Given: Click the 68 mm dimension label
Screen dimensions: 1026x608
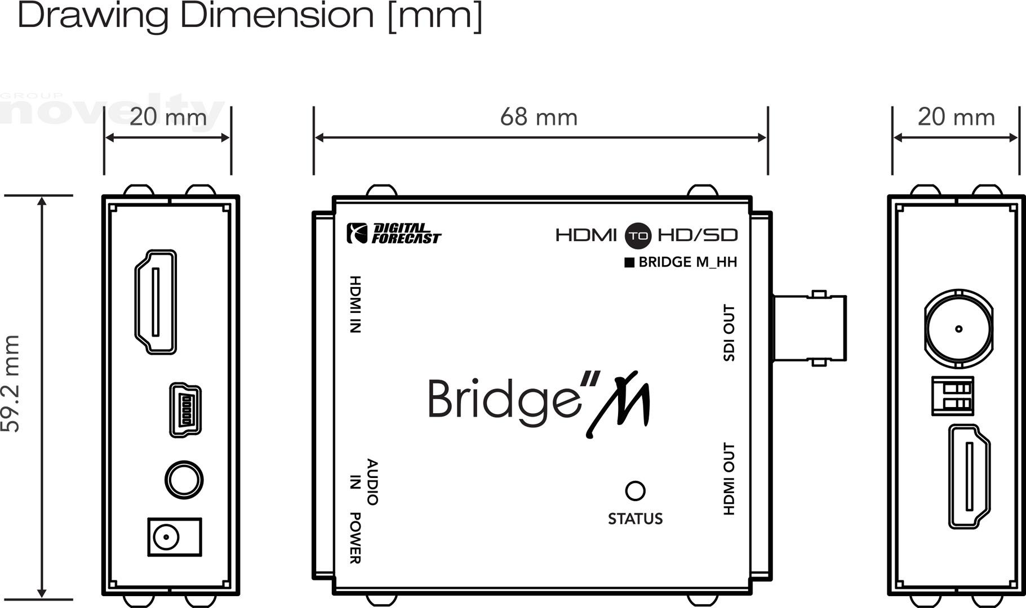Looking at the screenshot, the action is (539, 117).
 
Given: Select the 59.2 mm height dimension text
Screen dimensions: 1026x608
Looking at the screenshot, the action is (11, 383).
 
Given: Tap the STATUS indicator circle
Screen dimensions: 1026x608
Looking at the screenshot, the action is (635, 490).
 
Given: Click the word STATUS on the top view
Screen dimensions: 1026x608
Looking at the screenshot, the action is (635, 518).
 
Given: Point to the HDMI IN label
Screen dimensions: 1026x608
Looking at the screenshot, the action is (355, 304).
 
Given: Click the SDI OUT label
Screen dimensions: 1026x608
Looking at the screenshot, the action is (729, 333).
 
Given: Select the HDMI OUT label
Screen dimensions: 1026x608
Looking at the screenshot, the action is (729, 479).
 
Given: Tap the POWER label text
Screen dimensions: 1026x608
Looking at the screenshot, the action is (355, 538).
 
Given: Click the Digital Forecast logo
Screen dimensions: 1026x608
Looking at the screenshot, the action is (393, 233).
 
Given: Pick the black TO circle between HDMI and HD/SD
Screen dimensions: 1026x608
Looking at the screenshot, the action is (638, 235).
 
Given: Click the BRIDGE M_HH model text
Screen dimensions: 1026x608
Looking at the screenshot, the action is (681, 262).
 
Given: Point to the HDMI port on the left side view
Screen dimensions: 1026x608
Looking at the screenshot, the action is (156, 302).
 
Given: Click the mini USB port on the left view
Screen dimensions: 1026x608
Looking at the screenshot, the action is (185, 410).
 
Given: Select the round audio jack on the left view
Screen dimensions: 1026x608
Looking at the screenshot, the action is (184, 480).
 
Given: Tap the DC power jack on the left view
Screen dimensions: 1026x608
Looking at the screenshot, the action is (174, 537).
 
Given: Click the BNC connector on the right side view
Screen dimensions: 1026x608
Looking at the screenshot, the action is (958, 329).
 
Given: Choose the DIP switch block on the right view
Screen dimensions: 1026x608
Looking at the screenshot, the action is (953, 396).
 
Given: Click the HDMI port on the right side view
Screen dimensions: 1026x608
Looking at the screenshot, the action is (969, 476).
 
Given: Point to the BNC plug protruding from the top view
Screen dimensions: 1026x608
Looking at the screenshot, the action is (809, 328).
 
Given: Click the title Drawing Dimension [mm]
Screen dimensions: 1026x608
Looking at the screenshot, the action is (250, 16).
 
